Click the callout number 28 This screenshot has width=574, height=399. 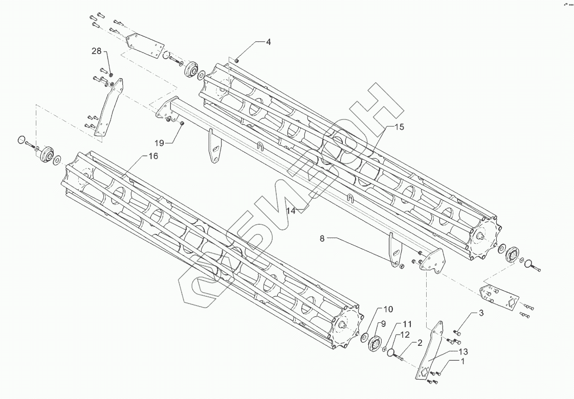(x=97, y=51)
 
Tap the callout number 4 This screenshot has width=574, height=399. (x=268, y=42)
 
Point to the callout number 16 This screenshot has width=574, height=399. (x=153, y=156)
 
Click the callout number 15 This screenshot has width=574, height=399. (x=399, y=127)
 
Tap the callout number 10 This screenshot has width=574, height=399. (x=388, y=309)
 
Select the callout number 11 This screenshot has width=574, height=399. (x=407, y=324)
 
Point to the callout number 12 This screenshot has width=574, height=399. (x=405, y=335)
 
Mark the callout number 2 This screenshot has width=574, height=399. (x=420, y=343)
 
